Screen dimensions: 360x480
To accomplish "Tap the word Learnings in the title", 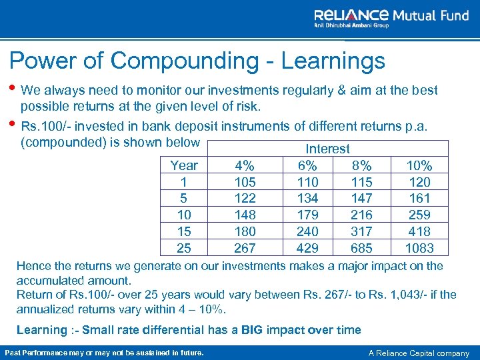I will point(333,61).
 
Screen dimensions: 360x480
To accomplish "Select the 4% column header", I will point(245,165).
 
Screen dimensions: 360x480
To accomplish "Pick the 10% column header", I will point(419,165).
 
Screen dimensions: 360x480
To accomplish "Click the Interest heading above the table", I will point(327,149).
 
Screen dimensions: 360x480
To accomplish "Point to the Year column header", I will point(184,165).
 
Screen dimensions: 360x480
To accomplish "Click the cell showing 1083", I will point(419,248).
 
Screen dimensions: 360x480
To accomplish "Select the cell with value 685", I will point(361,248).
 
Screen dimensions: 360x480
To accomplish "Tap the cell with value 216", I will point(361,215).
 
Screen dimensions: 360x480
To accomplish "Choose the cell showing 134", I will point(308,198).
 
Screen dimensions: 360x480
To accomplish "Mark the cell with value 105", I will point(245,182).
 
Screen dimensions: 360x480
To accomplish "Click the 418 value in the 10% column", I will point(419,231).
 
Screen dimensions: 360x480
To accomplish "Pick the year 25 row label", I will point(184,248).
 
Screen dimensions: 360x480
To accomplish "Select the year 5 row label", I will point(184,198).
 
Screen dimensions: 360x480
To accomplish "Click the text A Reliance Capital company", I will point(419,353).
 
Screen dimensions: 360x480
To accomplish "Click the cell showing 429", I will point(308,248).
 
